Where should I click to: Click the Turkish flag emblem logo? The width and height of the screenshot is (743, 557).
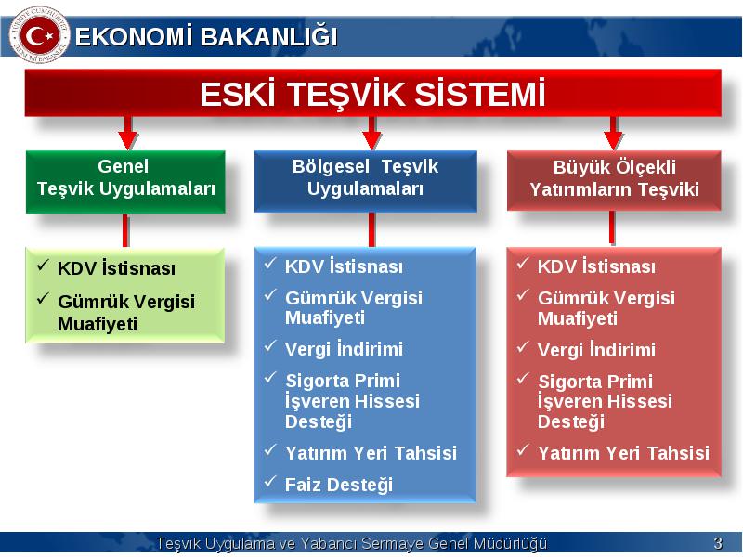[x=39, y=34]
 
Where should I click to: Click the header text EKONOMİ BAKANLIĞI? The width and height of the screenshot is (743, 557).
[x=206, y=37]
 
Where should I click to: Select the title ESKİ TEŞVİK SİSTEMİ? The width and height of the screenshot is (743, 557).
[x=372, y=94]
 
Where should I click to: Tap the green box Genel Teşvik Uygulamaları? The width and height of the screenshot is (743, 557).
[x=125, y=182]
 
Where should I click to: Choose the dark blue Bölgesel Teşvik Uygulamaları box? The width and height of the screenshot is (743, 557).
[x=365, y=181]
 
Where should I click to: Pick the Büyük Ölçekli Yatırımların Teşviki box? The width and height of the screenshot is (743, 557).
[x=614, y=181]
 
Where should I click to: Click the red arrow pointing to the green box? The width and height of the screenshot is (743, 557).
[x=127, y=133]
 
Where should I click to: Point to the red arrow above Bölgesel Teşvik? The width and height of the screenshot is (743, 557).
[x=372, y=133]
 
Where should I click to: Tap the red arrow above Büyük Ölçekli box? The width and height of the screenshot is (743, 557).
[x=614, y=133]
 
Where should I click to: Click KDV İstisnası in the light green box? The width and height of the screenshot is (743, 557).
[x=116, y=268]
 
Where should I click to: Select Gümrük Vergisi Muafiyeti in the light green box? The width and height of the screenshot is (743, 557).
[x=126, y=313]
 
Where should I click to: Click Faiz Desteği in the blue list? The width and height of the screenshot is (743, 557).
[x=339, y=485]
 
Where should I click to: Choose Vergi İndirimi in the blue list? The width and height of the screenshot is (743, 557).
[x=344, y=349]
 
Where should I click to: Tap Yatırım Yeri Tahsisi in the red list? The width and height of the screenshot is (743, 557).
[x=623, y=453]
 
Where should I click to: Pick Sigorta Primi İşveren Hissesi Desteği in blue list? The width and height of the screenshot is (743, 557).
[x=353, y=401]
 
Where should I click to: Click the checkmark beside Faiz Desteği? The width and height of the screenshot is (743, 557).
[x=270, y=482]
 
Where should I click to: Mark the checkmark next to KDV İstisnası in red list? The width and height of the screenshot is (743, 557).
[x=523, y=264]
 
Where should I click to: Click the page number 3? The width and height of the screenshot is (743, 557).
[x=718, y=543]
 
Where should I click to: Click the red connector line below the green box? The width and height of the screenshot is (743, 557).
[x=125, y=230]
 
